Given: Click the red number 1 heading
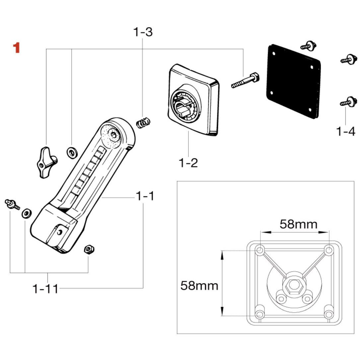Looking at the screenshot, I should click(x=16, y=48).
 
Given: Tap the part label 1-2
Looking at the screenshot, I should click(x=188, y=163).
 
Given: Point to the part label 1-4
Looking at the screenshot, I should click(x=345, y=131).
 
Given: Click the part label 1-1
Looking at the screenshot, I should click(x=145, y=196).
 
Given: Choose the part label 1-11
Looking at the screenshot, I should click(x=45, y=289).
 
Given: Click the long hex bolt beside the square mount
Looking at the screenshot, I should click(x=246, y=80).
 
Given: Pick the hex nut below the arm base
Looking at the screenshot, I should click(x=89, y=249).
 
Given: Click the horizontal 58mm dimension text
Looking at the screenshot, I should click(x=298, y=224).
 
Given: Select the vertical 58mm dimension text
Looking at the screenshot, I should click(x=199, y=285).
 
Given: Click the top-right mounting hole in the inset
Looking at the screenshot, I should click(x=328, y=250).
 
